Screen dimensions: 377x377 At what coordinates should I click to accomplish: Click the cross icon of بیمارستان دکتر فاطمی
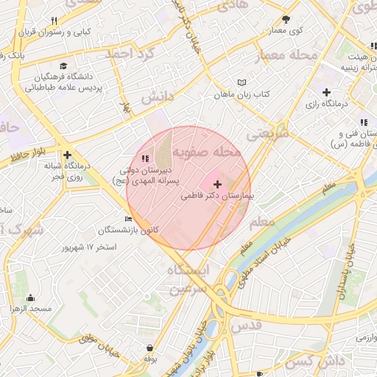[x=216, y=184]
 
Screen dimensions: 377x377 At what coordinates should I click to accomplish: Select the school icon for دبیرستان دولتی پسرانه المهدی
[x=144, y=158]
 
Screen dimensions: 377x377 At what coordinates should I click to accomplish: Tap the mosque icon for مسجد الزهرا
[x=30, y=297]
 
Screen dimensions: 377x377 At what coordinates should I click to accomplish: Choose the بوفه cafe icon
[x=150, y=348]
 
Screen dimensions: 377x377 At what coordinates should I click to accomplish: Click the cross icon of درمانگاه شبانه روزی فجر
[x=67, y=155]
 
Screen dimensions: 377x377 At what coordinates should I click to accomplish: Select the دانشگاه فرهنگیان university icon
[x=67, y=66]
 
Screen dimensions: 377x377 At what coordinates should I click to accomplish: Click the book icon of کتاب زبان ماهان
[x=243, y=82]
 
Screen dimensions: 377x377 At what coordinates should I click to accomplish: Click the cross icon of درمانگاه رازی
[x=326, y=91]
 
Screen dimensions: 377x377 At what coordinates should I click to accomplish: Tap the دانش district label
[x=156, y=97]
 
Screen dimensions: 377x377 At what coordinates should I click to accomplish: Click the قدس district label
[x=246, y=325]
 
